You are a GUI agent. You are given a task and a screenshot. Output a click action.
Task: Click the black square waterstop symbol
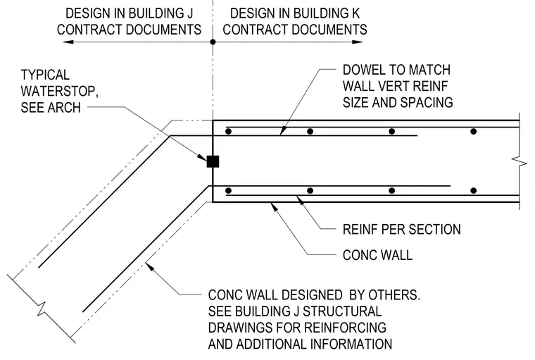(x=213, y=161)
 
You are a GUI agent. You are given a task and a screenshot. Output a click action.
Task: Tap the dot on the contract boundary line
(x=213, y=42)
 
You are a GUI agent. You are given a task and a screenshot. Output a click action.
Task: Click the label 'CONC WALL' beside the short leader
(x=377, y=255)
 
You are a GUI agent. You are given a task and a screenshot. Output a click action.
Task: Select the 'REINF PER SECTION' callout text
(x=401, y=229)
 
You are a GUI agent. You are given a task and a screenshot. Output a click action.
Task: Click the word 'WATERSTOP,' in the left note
(x=60, y=92)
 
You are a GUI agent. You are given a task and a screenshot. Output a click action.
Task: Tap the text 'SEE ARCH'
(x=51, y=108)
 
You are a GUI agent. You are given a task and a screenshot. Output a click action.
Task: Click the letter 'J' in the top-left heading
(x=189, y=13)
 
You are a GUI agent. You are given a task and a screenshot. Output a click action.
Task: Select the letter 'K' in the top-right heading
(x=356, y=13)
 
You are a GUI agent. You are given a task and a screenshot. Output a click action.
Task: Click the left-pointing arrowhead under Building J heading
(x=68, y=42)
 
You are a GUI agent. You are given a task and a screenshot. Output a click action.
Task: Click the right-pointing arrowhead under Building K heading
(x=357, y=42)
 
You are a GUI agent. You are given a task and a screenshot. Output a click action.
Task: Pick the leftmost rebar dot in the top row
(x=229, y=131)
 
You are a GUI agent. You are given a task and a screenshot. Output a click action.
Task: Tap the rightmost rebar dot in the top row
(x=473, y=131)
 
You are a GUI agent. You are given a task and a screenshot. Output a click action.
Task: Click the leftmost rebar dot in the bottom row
(x=229, y=191)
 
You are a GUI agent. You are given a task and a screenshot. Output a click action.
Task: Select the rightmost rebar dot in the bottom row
(x=473, y=191)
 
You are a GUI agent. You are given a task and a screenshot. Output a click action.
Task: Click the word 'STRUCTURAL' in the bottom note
(x=342, y=311)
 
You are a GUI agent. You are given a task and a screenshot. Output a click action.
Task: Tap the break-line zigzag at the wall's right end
(x=520, y=160)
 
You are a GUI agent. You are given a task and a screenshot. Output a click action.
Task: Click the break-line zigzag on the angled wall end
(x=42, y=308)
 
